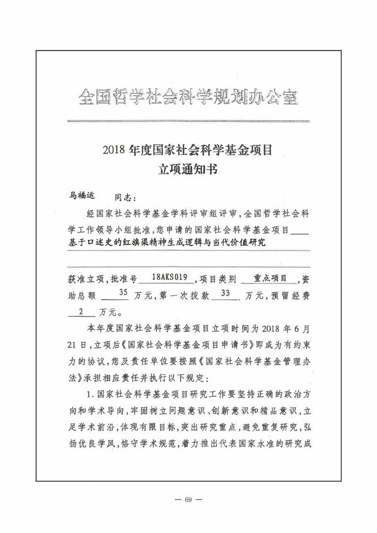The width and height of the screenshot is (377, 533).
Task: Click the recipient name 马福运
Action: tap(82, 195)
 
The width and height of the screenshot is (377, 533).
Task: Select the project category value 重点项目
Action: tap(270, 278)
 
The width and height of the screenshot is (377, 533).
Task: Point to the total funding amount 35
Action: tap(123, 293)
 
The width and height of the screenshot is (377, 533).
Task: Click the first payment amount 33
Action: tap(225, 293)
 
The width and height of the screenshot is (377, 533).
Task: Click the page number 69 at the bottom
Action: tap(188, 500)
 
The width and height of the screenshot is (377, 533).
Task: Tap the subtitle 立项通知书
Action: tap(188, 170)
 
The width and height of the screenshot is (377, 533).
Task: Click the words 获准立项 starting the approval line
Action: tap(85, 280)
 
